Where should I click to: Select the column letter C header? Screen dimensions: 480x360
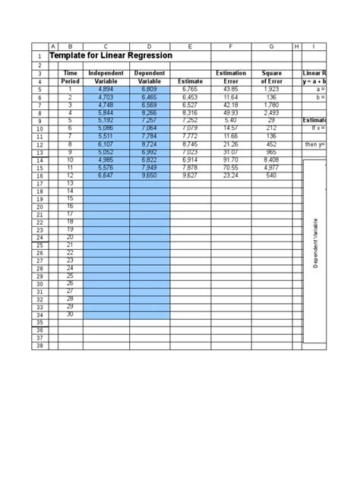click(106, 46)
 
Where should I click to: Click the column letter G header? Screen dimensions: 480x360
click(270, 46)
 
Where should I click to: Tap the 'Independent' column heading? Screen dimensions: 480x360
click(106, 73)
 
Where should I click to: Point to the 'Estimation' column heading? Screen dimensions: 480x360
click(231, 73)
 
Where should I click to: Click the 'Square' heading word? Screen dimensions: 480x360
click(270, 73)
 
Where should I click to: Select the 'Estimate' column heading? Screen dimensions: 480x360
click(190, 81)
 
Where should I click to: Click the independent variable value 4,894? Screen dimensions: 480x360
click(106, 90)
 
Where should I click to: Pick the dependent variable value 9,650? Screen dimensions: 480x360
click(150, 175)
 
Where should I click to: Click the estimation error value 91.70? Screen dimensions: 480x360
click(231, 160)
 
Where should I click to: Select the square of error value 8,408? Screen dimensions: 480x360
click(270, 160)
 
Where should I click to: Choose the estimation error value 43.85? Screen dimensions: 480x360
click(231, 90)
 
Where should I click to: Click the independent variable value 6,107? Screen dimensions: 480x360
click(106, 144)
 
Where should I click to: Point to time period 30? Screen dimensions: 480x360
click(70, 314)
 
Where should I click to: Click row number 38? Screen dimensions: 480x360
click(39, 346)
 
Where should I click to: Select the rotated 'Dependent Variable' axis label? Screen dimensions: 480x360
click(314, 242)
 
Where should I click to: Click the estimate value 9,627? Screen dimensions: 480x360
click(190, 175)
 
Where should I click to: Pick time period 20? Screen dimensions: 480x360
click(70, 237)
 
